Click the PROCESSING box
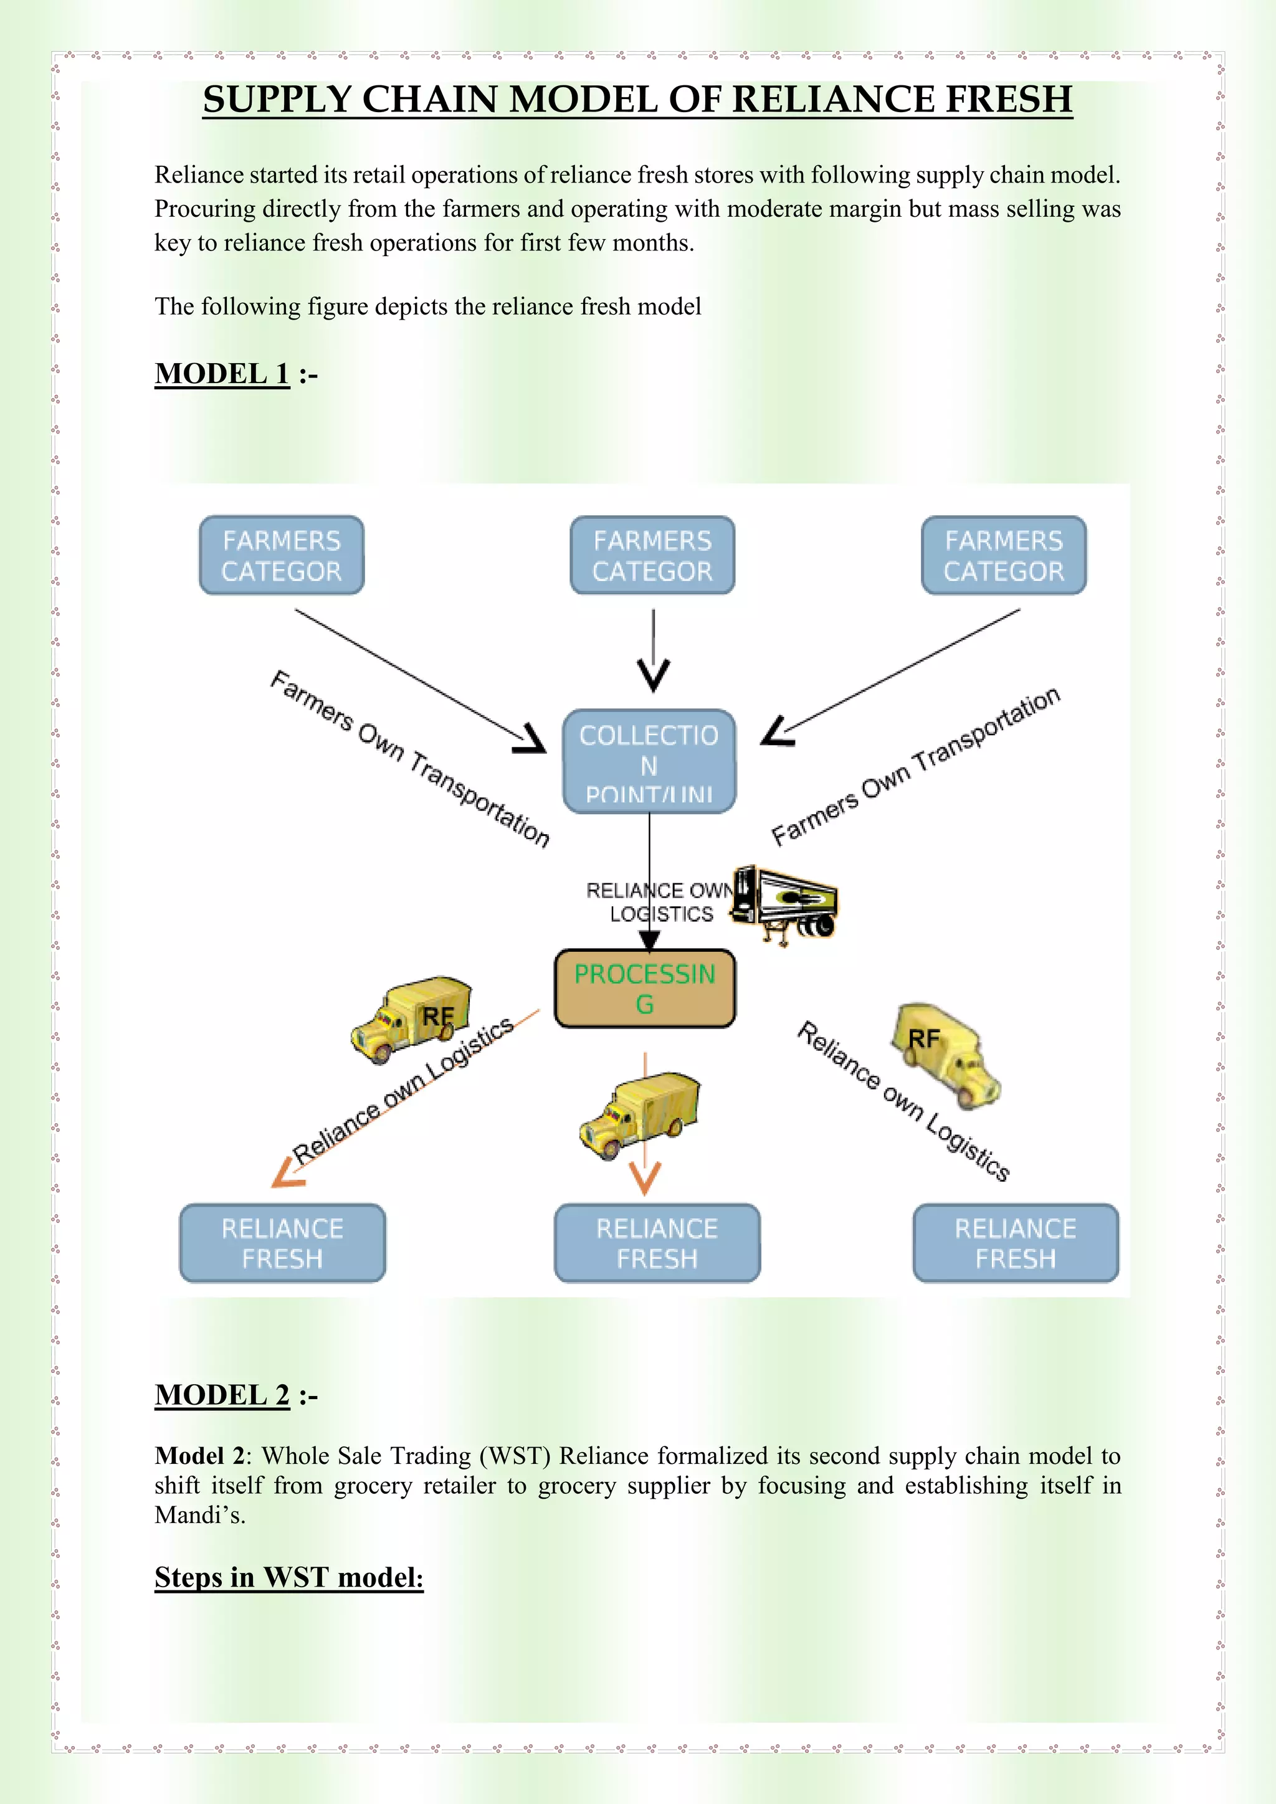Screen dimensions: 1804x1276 [x=644, y=989]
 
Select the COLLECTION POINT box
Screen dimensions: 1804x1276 [x=649, y=761]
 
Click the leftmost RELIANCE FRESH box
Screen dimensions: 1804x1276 [x=282, y=1243]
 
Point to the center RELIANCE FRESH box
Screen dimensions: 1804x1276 [x=657, y=1243]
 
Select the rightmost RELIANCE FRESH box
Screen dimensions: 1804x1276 [x=1015, y=1243]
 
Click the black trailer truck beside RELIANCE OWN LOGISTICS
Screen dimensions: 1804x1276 [x=784, y=904]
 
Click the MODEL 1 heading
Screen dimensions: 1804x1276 [x=222, y=374]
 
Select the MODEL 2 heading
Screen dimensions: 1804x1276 [x=222, y=1395]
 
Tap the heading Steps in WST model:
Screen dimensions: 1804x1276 [x=288, y=1578]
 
